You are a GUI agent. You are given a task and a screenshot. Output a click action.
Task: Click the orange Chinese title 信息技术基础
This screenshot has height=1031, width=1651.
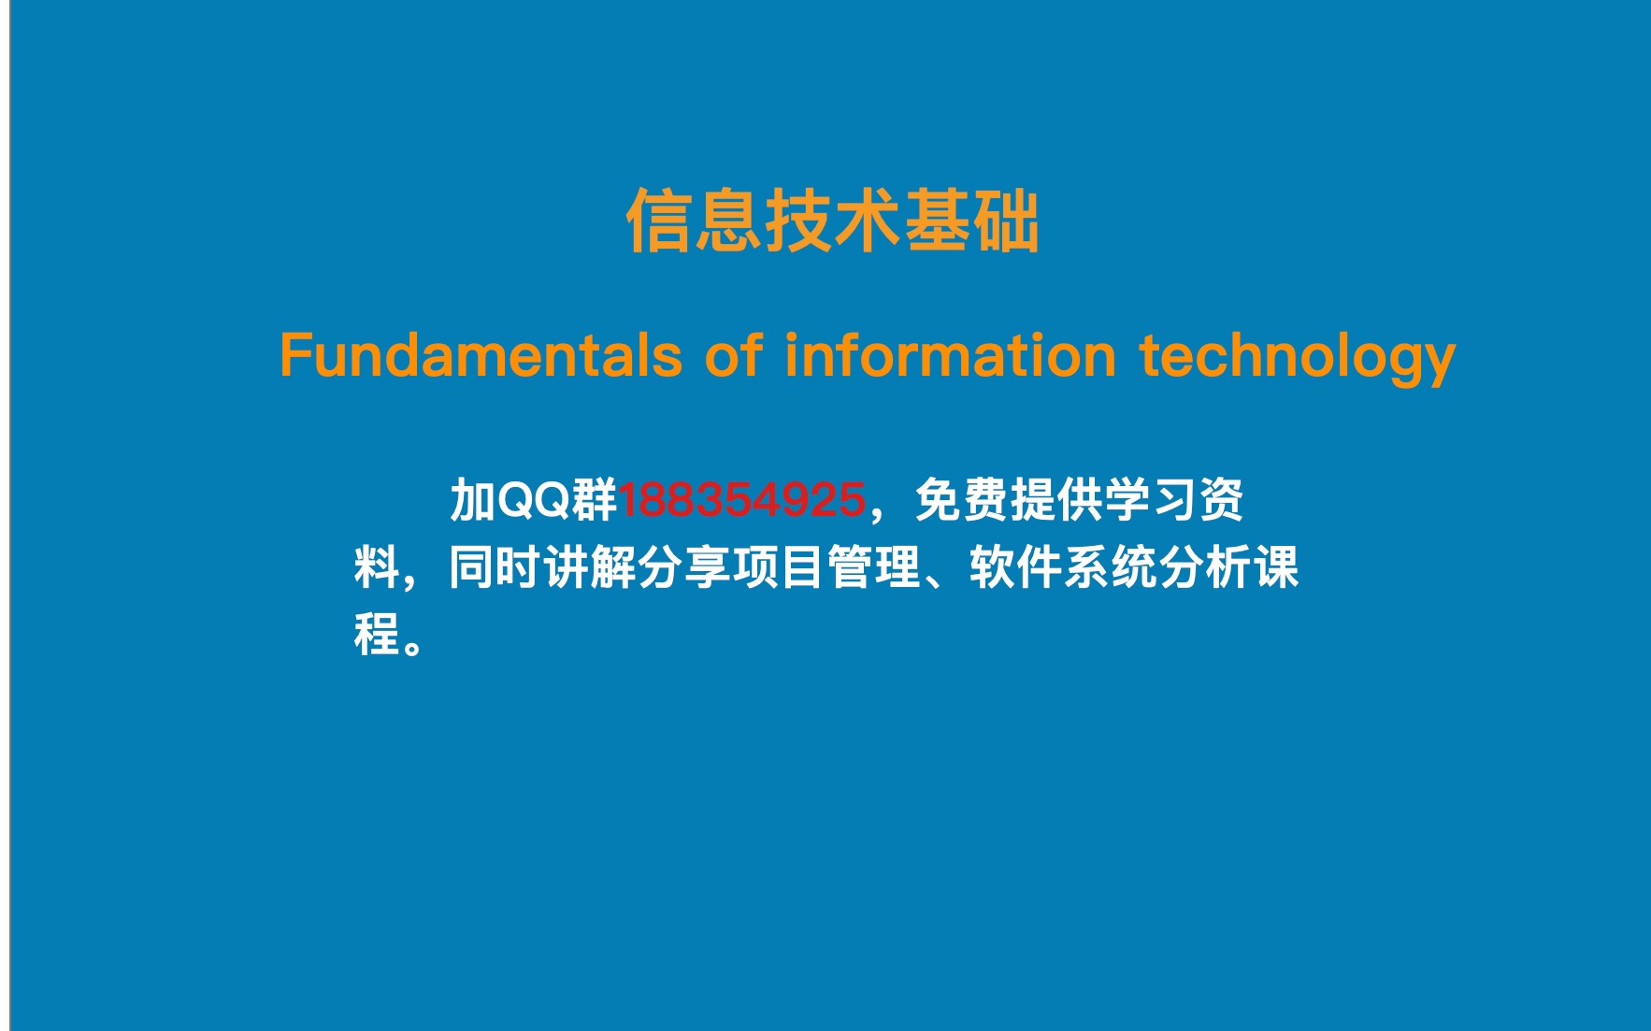click(x=832, y=221)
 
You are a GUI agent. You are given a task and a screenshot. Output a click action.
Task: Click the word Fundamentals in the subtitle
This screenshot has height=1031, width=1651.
click(x=481, y=355)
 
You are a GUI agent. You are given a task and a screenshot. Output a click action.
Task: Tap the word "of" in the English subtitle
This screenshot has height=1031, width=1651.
click(x=734, y=355)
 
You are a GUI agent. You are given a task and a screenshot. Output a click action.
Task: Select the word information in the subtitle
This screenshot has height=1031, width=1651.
click(x=951, y=355)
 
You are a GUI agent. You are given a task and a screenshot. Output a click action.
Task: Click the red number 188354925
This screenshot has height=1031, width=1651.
click(x=741, y=500)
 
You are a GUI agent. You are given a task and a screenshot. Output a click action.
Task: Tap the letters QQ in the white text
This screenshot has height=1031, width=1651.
click(x=534, y=499)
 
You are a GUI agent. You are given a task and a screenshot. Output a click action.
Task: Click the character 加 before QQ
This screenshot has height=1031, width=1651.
click(x=473, y=499)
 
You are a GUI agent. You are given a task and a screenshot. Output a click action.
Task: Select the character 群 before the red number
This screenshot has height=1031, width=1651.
click(x=595, y=499)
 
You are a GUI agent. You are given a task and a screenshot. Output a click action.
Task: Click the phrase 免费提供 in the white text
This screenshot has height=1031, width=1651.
click(x=1009, y=499)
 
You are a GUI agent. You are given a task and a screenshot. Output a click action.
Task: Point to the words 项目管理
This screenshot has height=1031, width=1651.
click(x=827, y=567)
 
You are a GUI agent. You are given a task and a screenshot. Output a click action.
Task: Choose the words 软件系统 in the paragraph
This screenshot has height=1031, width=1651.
click(x=1064, y=567)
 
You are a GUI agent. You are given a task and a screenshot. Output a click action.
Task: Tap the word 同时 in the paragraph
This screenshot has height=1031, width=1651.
click(x=495, y=567)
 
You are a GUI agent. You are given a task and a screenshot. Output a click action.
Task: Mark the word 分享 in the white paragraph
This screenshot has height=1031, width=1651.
click(x=685, y=567)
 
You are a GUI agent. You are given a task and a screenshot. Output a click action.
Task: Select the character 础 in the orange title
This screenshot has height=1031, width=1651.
click(x=1006, y=221)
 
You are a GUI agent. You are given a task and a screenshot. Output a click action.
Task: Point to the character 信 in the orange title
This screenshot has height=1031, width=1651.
click(x=659, y=221)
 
